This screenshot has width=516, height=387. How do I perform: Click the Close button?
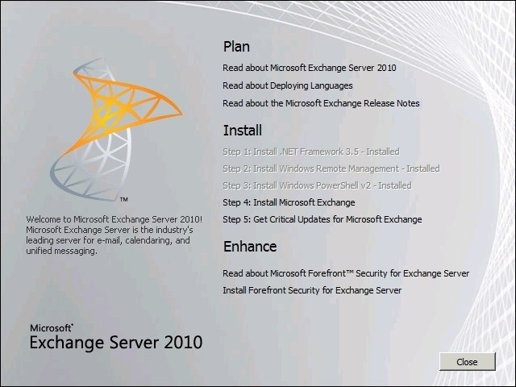click(468, 362)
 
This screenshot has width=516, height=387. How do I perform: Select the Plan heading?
click(236, 47)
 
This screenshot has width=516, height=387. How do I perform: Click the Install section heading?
click(243, 131)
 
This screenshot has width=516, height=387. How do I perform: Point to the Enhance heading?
click(250, 246)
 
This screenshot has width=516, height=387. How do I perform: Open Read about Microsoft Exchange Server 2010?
click(310, 68)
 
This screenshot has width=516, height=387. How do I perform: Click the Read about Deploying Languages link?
click(288, 86)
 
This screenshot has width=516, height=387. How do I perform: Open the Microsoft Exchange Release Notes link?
click(321, 103)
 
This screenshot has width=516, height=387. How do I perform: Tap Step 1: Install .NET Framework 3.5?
click(311, 152)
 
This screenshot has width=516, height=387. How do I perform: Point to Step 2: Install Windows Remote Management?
click(331, 169)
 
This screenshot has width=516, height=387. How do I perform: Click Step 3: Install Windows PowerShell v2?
click(317, 185)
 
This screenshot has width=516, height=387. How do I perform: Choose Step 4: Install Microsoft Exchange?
click(289, 202)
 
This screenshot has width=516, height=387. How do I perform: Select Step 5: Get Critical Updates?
click(322, 219)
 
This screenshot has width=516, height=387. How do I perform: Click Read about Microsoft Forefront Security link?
click(346, 273)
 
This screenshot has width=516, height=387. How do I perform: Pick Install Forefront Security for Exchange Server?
click(312, 290)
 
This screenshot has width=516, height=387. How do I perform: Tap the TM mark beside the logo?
click(123, 199)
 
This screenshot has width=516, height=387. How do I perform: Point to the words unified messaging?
click(61, 251)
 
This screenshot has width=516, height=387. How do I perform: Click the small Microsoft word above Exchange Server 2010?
click(51, 328)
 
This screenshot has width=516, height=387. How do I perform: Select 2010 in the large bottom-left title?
click(183, 342)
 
